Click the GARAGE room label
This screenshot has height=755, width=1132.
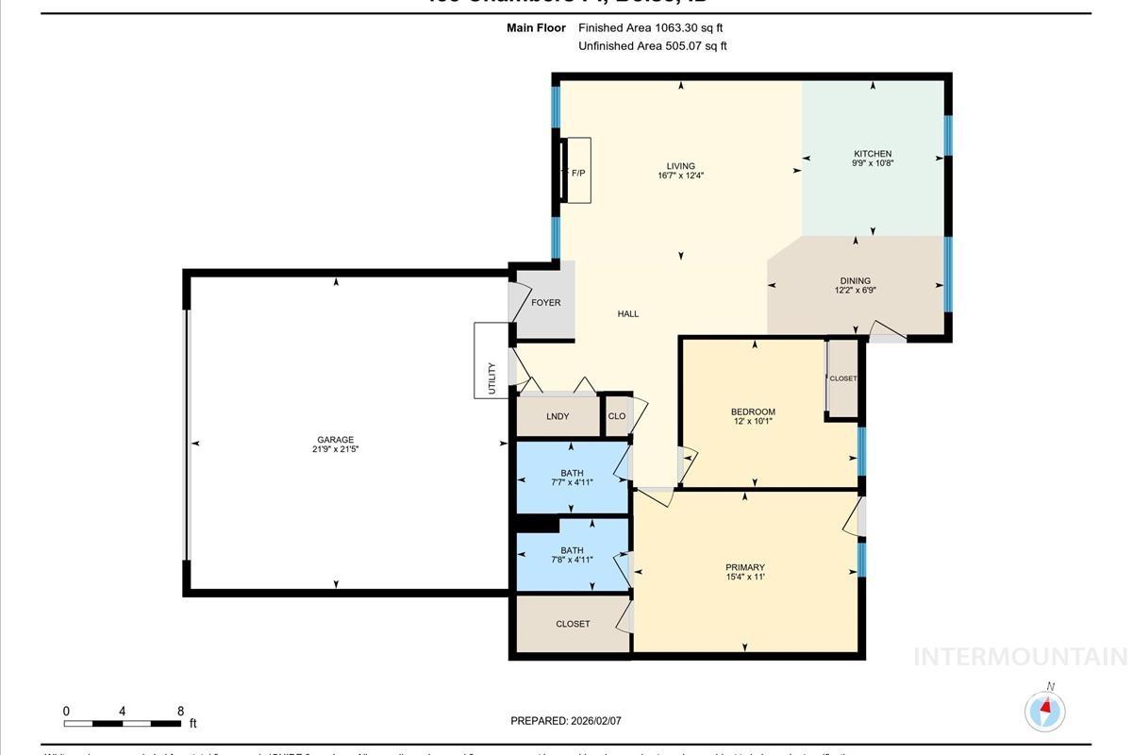point(335,440)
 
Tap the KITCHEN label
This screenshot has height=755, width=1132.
point(873,154)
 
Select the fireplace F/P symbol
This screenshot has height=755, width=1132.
point(577,173)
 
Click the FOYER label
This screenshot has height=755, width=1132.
point(545,303)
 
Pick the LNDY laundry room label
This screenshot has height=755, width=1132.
point(558,416)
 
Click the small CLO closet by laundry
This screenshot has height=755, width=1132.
point(617,416)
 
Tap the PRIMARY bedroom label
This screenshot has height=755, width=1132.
point(744,567)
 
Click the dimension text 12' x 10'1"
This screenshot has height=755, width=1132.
point(753,422)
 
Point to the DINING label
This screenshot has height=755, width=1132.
point(856,280)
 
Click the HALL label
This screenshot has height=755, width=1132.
point(628,314)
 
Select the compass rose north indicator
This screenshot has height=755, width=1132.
point(1045,710)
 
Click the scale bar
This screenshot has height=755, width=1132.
point(123,724)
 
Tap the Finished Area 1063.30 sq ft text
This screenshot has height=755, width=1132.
point(651,28)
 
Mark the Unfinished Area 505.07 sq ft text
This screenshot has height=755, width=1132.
point(653,46)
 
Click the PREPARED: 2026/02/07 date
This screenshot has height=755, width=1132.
point(566,721)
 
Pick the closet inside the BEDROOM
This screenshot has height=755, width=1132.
point(842,378)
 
